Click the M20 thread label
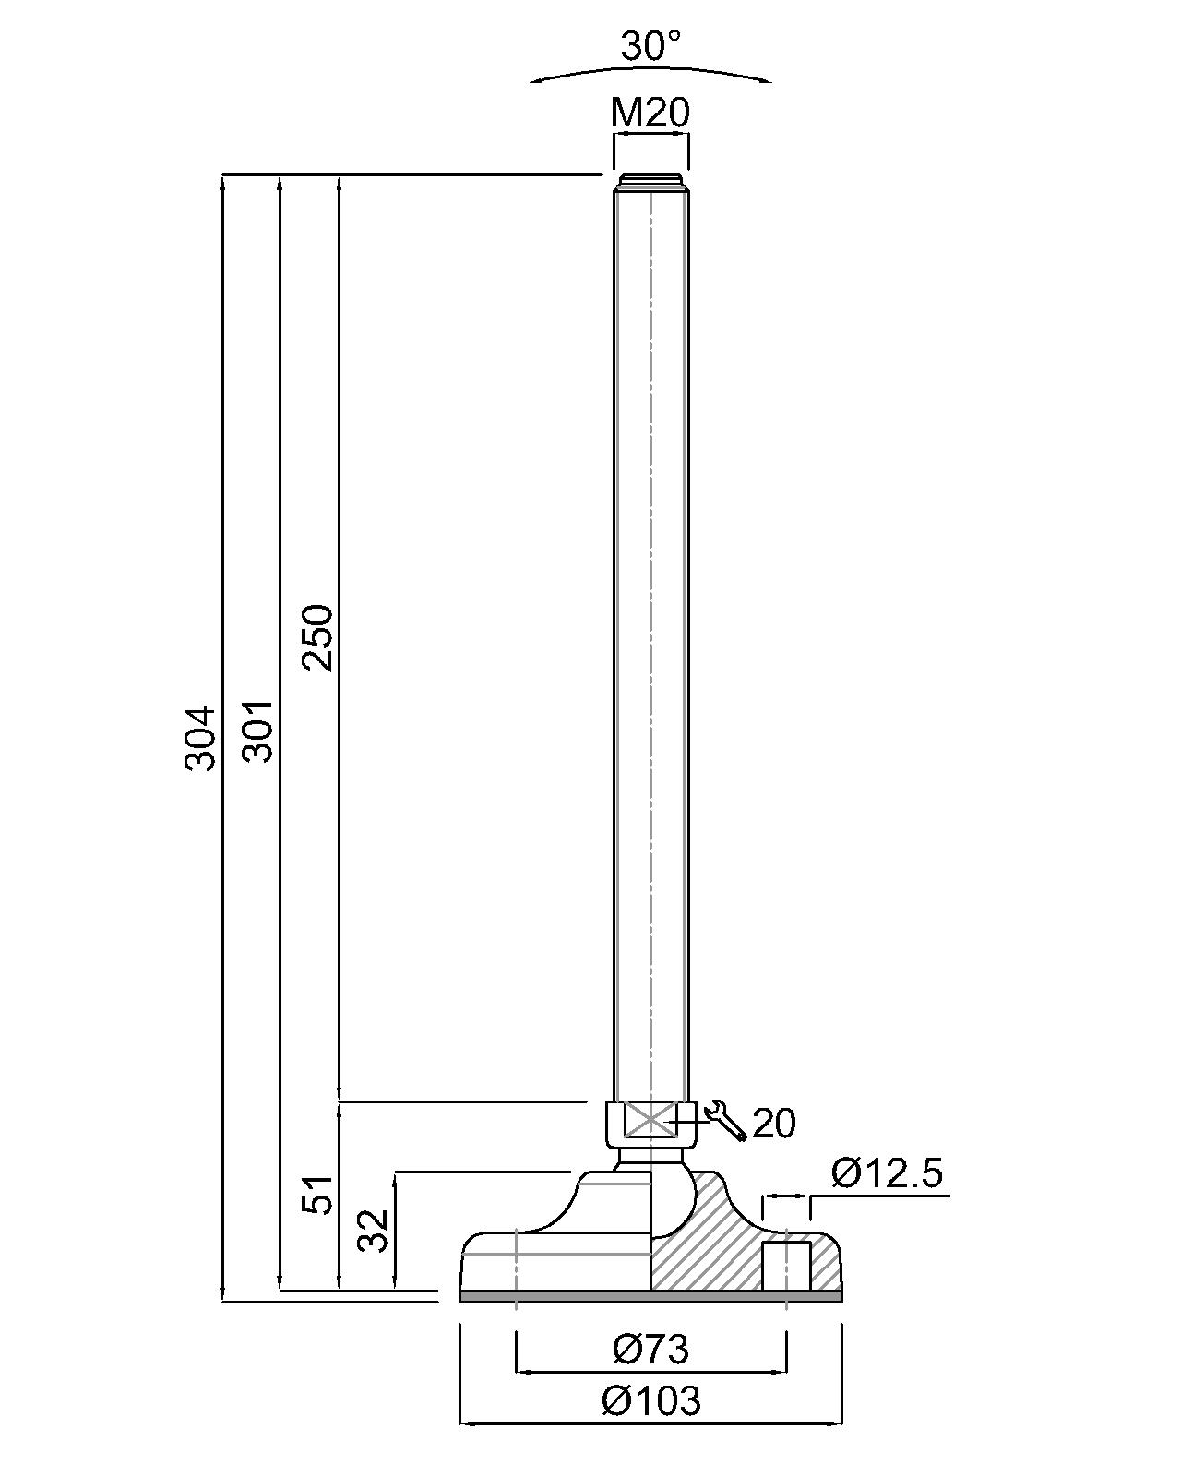coord(650,113)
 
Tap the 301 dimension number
coord(257,730)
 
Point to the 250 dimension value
coord(317,637)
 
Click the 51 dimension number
coord(317,1195)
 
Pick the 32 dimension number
coord(373,1231)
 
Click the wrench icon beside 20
coord(724,1120)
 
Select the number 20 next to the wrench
coord(773,1124)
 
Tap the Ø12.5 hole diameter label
coord(886,1173)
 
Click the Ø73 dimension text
coord(650,1350)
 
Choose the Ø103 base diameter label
coord(650,1400)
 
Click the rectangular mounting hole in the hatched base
coord(786,1266)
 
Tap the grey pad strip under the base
coord(650,1295)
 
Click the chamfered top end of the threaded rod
coord(650,182)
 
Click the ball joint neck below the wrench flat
coord(650,1156)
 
